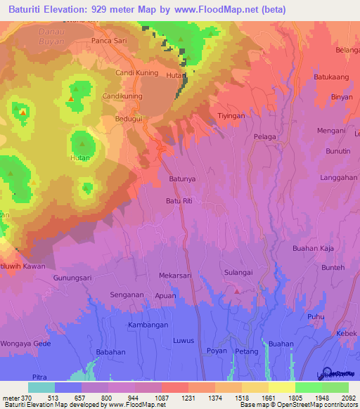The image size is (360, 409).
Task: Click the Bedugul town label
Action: pyautogui.click(x=129, y=119)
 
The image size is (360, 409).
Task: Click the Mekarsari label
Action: pyautogui.click(x=175, y=276)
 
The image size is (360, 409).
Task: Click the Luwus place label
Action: pyautogui.click(x=183, y=341)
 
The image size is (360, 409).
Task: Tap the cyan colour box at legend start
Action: pyautogui.click(x=41, y=387)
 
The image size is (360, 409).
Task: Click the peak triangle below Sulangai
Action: pyautogui.click(x=238, y=290)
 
